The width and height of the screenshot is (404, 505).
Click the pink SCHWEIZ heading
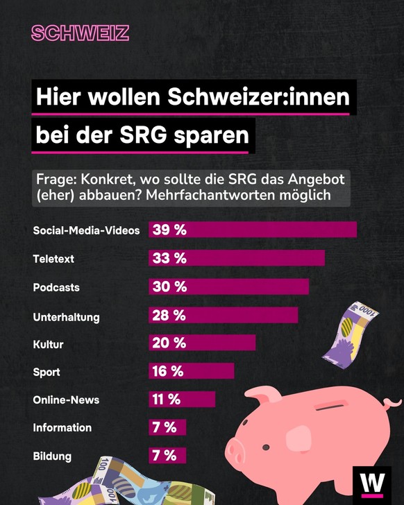pyautogui.click(x=80, y=33)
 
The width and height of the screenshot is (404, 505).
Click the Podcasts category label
pyautogui.click(x=56, y=287)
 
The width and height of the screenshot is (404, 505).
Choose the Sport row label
pyautogui.click(x=47, y=372)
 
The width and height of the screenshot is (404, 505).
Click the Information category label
pyautogui.click(x=62, y=428)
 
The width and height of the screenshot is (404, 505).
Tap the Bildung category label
pyautogui.click(x=52, y=456)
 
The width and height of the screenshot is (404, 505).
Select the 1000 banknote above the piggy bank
pyautogui.click(x=354, y=334)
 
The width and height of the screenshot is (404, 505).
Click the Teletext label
pyautogui.click(x=53, y=259)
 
